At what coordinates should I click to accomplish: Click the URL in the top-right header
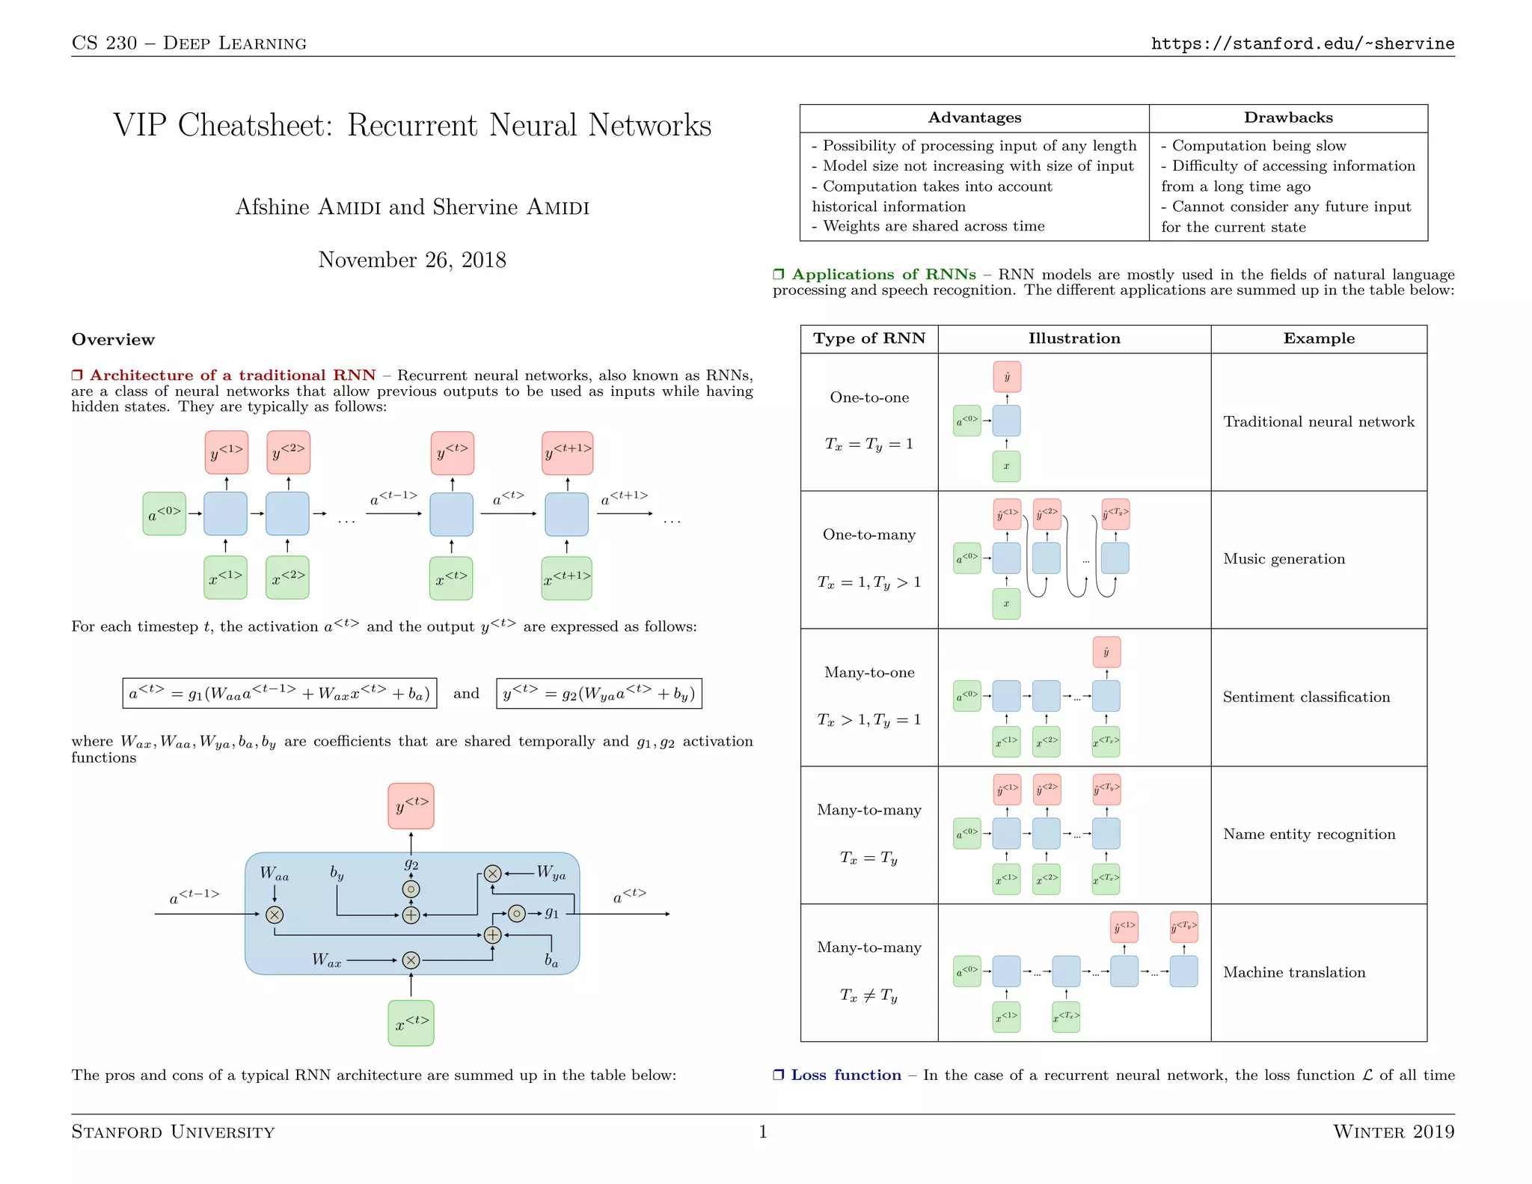[1302, 43]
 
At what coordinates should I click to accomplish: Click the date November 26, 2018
[412, 260]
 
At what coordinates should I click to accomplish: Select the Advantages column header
[974, 118]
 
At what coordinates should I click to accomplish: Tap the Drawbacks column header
[1287, 118]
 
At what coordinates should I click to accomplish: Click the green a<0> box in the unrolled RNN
[164, 513]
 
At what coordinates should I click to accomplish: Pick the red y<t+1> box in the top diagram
[568, 453]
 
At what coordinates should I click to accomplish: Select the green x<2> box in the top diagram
[287, 578]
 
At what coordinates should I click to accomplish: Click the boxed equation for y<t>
[598, 693]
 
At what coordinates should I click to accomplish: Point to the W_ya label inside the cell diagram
[551, 873]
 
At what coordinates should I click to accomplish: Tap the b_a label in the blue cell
[551, 960]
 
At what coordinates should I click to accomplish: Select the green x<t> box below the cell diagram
[411, 1023]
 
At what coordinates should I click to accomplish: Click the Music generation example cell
[1284, 559]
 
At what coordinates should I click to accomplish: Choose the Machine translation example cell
[1294, 972]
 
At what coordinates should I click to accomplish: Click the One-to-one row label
[869, 397]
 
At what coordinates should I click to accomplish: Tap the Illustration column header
[1074, 338]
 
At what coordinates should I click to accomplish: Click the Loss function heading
[845, 1075]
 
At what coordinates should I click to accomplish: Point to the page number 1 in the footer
[763, 1131]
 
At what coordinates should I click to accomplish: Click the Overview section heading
[113, 340]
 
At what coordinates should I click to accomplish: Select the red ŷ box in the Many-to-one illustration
[1106, 652]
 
